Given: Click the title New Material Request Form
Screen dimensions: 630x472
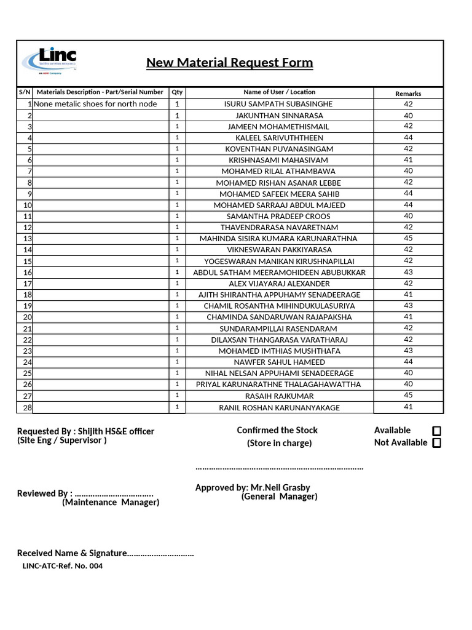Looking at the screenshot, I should (x=229, y=63).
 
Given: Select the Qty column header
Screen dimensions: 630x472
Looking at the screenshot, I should (x=177, y=92).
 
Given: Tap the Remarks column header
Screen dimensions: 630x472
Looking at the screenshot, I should (x=408, y=94).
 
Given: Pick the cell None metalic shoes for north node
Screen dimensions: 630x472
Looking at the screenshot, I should (x=95, y=104).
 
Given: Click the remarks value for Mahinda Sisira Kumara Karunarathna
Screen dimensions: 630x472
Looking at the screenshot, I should (x=408, y=238).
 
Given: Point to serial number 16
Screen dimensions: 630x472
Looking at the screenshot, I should (x=28, y=273).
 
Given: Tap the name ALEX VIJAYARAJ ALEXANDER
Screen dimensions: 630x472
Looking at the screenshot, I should (x=279, y=284).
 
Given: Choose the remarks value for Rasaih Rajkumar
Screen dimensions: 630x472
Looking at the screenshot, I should (x=408, y=395).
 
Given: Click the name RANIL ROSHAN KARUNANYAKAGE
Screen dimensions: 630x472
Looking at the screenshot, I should (x=279, y=407).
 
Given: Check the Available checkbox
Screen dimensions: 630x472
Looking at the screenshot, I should (x=436, y=431).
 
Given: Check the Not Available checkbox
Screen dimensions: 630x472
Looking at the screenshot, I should (x=436, y=443).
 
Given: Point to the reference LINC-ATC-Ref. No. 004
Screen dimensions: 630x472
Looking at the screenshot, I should (x=62, y=566).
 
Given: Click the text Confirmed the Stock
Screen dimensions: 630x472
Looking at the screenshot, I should (x=277, y=430).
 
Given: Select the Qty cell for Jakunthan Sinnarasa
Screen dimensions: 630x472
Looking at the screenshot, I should (x=177, y=116).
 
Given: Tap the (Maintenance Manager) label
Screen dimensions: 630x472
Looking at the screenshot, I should (x=111, y=502).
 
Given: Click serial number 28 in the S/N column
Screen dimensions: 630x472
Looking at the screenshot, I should (x=28, y=407).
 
